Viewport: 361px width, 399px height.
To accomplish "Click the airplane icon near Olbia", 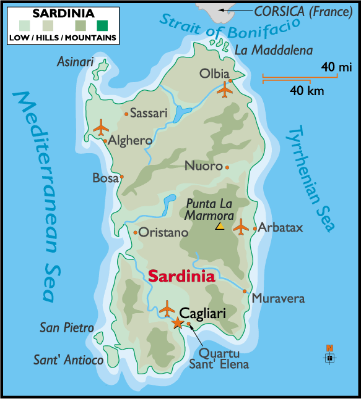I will coord(225,90).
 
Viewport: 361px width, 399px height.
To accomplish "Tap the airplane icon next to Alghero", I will coord(101,128).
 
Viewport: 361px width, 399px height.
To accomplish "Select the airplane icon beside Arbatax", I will coord(241,227).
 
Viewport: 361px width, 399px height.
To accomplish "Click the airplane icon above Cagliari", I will coord(167,308).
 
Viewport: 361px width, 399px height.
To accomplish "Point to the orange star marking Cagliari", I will coord(178,322).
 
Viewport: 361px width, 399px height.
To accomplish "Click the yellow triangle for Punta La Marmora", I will coord(219,227).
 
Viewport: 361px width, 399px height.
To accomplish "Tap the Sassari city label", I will coord(149,113).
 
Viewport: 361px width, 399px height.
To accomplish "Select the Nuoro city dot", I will coord(227,167).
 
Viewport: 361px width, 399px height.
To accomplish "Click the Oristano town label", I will coord(163,233).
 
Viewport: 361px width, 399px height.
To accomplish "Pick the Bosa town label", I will coord(105,178).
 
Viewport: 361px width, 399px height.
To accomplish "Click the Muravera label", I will coord(278,298).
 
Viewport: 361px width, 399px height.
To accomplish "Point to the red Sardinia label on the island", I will coord(181,276).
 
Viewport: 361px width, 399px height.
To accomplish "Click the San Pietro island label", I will coord(67,327).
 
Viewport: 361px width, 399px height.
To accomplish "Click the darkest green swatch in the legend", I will coord(101,25).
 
